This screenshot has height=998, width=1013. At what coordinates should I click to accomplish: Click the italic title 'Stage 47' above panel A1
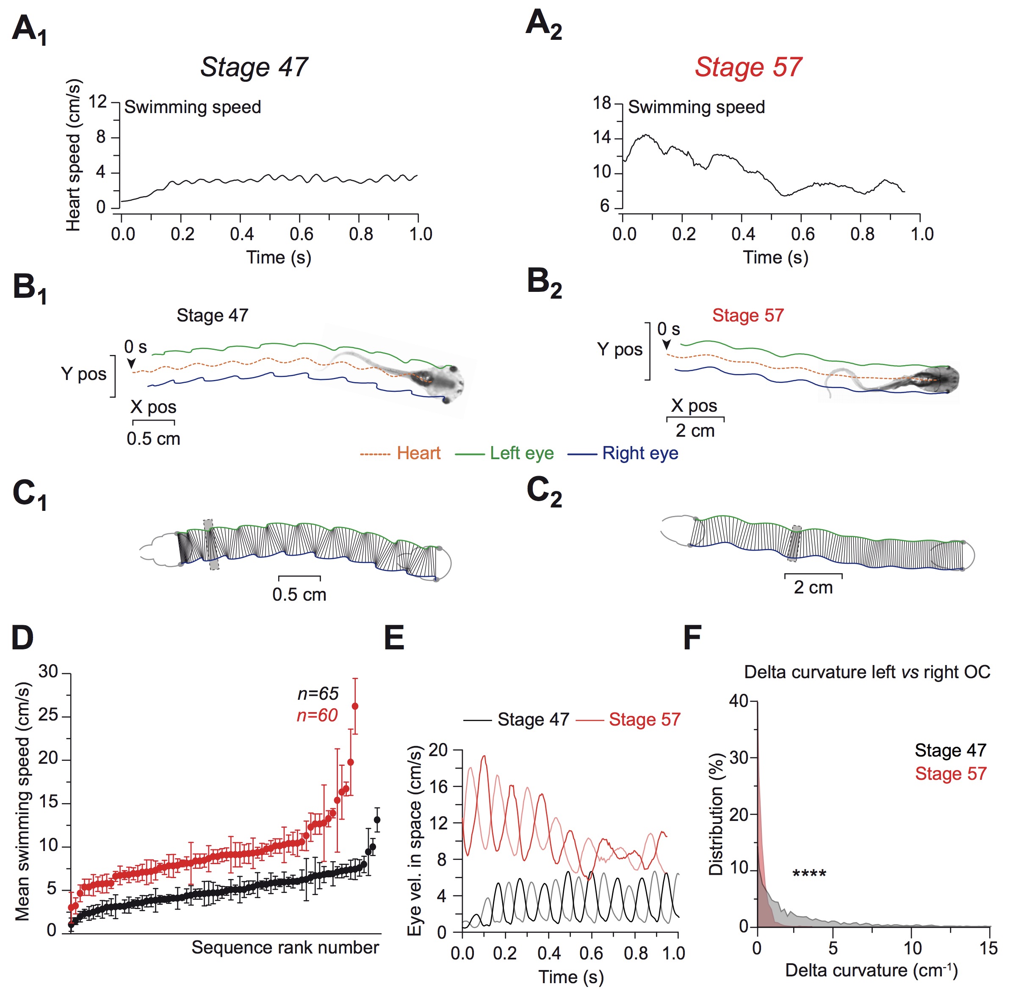[254, 67]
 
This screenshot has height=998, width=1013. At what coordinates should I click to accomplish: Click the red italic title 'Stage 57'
[748, 67]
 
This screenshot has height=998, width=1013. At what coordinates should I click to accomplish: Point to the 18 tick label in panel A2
[602, 103]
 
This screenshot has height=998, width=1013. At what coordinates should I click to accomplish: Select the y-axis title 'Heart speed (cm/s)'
[73, 155]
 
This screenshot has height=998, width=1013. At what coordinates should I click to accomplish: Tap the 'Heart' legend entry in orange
[418, 453]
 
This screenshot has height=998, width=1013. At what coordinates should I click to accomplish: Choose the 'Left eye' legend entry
[521, 453]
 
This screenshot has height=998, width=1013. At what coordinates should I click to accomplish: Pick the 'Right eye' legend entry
[640, 453]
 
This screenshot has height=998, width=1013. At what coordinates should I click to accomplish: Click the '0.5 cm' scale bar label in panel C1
[299, 594]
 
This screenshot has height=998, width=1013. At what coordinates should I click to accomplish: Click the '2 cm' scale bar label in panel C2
[813, 587]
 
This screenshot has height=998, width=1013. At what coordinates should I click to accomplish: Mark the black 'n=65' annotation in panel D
[318, 693]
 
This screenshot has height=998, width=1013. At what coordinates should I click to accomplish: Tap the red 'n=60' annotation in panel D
[317, 715]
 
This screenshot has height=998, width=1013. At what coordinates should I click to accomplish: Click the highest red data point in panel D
[355, 706]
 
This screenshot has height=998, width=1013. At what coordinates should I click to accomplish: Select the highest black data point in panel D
[377, 820]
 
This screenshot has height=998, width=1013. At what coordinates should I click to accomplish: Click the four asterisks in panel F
[809, 874]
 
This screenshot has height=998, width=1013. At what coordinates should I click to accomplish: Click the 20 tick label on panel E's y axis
[438, 750]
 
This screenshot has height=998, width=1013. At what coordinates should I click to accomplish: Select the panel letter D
[22, 638]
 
